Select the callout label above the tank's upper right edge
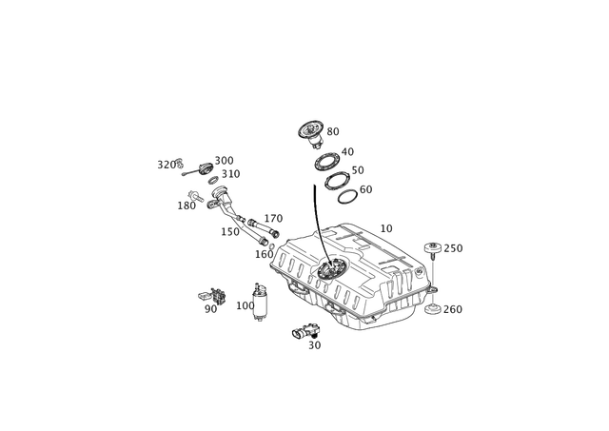[386, 227]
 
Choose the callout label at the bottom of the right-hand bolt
[454, 309]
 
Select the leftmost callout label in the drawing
[163, 164]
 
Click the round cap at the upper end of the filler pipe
[206, 169]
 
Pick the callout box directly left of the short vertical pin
[245, 305]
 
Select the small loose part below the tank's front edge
[304, 330]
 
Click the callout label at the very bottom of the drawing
[315, 344]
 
